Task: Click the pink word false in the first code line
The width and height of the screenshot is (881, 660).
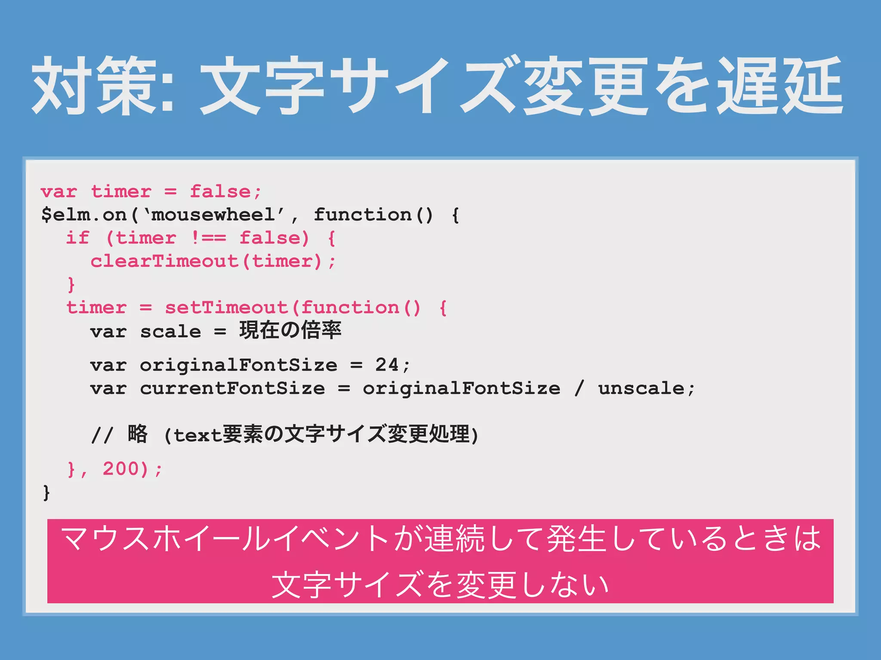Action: (220, 192)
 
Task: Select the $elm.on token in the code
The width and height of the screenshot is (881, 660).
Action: (84, 215)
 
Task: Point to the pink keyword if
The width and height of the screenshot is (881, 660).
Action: (78, 238)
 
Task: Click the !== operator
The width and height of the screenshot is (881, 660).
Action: (208, 238)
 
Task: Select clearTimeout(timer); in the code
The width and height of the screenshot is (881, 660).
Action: (213, 261)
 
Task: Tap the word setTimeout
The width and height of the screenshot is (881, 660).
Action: (226, 308)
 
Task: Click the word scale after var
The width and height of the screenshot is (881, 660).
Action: (170, 332)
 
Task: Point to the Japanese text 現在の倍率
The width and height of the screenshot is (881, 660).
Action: (290, 330)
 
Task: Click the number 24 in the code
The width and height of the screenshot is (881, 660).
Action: (387, 365)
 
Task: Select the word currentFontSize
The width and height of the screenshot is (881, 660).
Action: (232, 388)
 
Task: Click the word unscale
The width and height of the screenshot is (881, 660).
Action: (641, 388)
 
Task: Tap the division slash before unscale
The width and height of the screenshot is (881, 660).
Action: (579, 388)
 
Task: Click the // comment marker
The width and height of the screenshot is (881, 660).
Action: (102, 435)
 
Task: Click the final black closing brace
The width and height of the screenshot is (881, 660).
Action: (46, 492)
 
